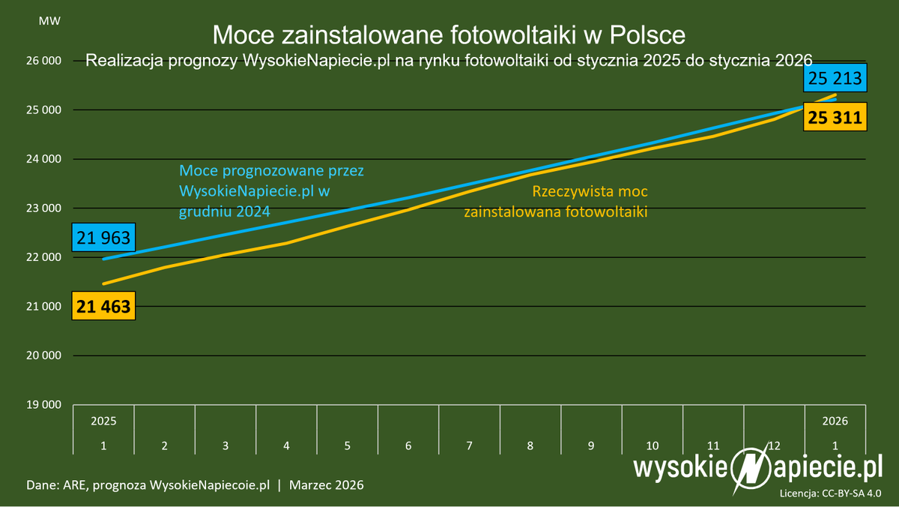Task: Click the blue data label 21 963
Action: tap(104, 238)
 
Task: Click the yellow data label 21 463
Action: tap(103, 306)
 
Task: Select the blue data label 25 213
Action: tap(835, 77)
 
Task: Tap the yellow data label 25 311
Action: tap(835, 117)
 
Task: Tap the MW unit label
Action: tap(47, 20)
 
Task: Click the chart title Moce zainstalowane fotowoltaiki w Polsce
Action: tap(448, 34)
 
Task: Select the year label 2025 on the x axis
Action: tap(103, 421)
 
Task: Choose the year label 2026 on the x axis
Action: tap(835, 421)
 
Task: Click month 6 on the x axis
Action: tap(408, 445)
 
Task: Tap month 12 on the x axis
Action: tap(774, 445)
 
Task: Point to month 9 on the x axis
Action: tap(591, 445)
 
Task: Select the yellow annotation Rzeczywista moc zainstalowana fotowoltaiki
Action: tap(555, 202)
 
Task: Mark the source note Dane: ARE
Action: tap(59, 485)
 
